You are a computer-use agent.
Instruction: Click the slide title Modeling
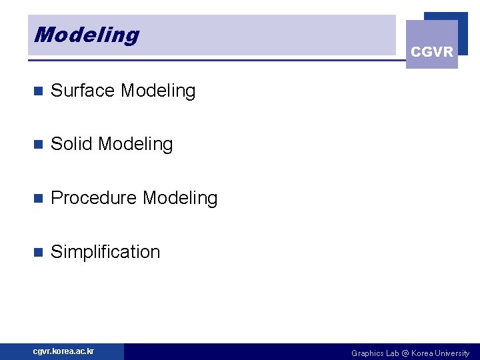pyautogui.click(x=87, y=35)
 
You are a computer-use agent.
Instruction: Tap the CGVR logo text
pyautogui.click(x=432, y=52)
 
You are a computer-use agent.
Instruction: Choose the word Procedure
pyautogui.click(x=94, y=198)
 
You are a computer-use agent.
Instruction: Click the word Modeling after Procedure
pyautogui.click(x=180, y=198)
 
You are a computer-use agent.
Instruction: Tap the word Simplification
pyautogui.click(x=105, y=252)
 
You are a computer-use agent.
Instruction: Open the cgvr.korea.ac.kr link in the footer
pyautogui.click(x=64, y=351)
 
